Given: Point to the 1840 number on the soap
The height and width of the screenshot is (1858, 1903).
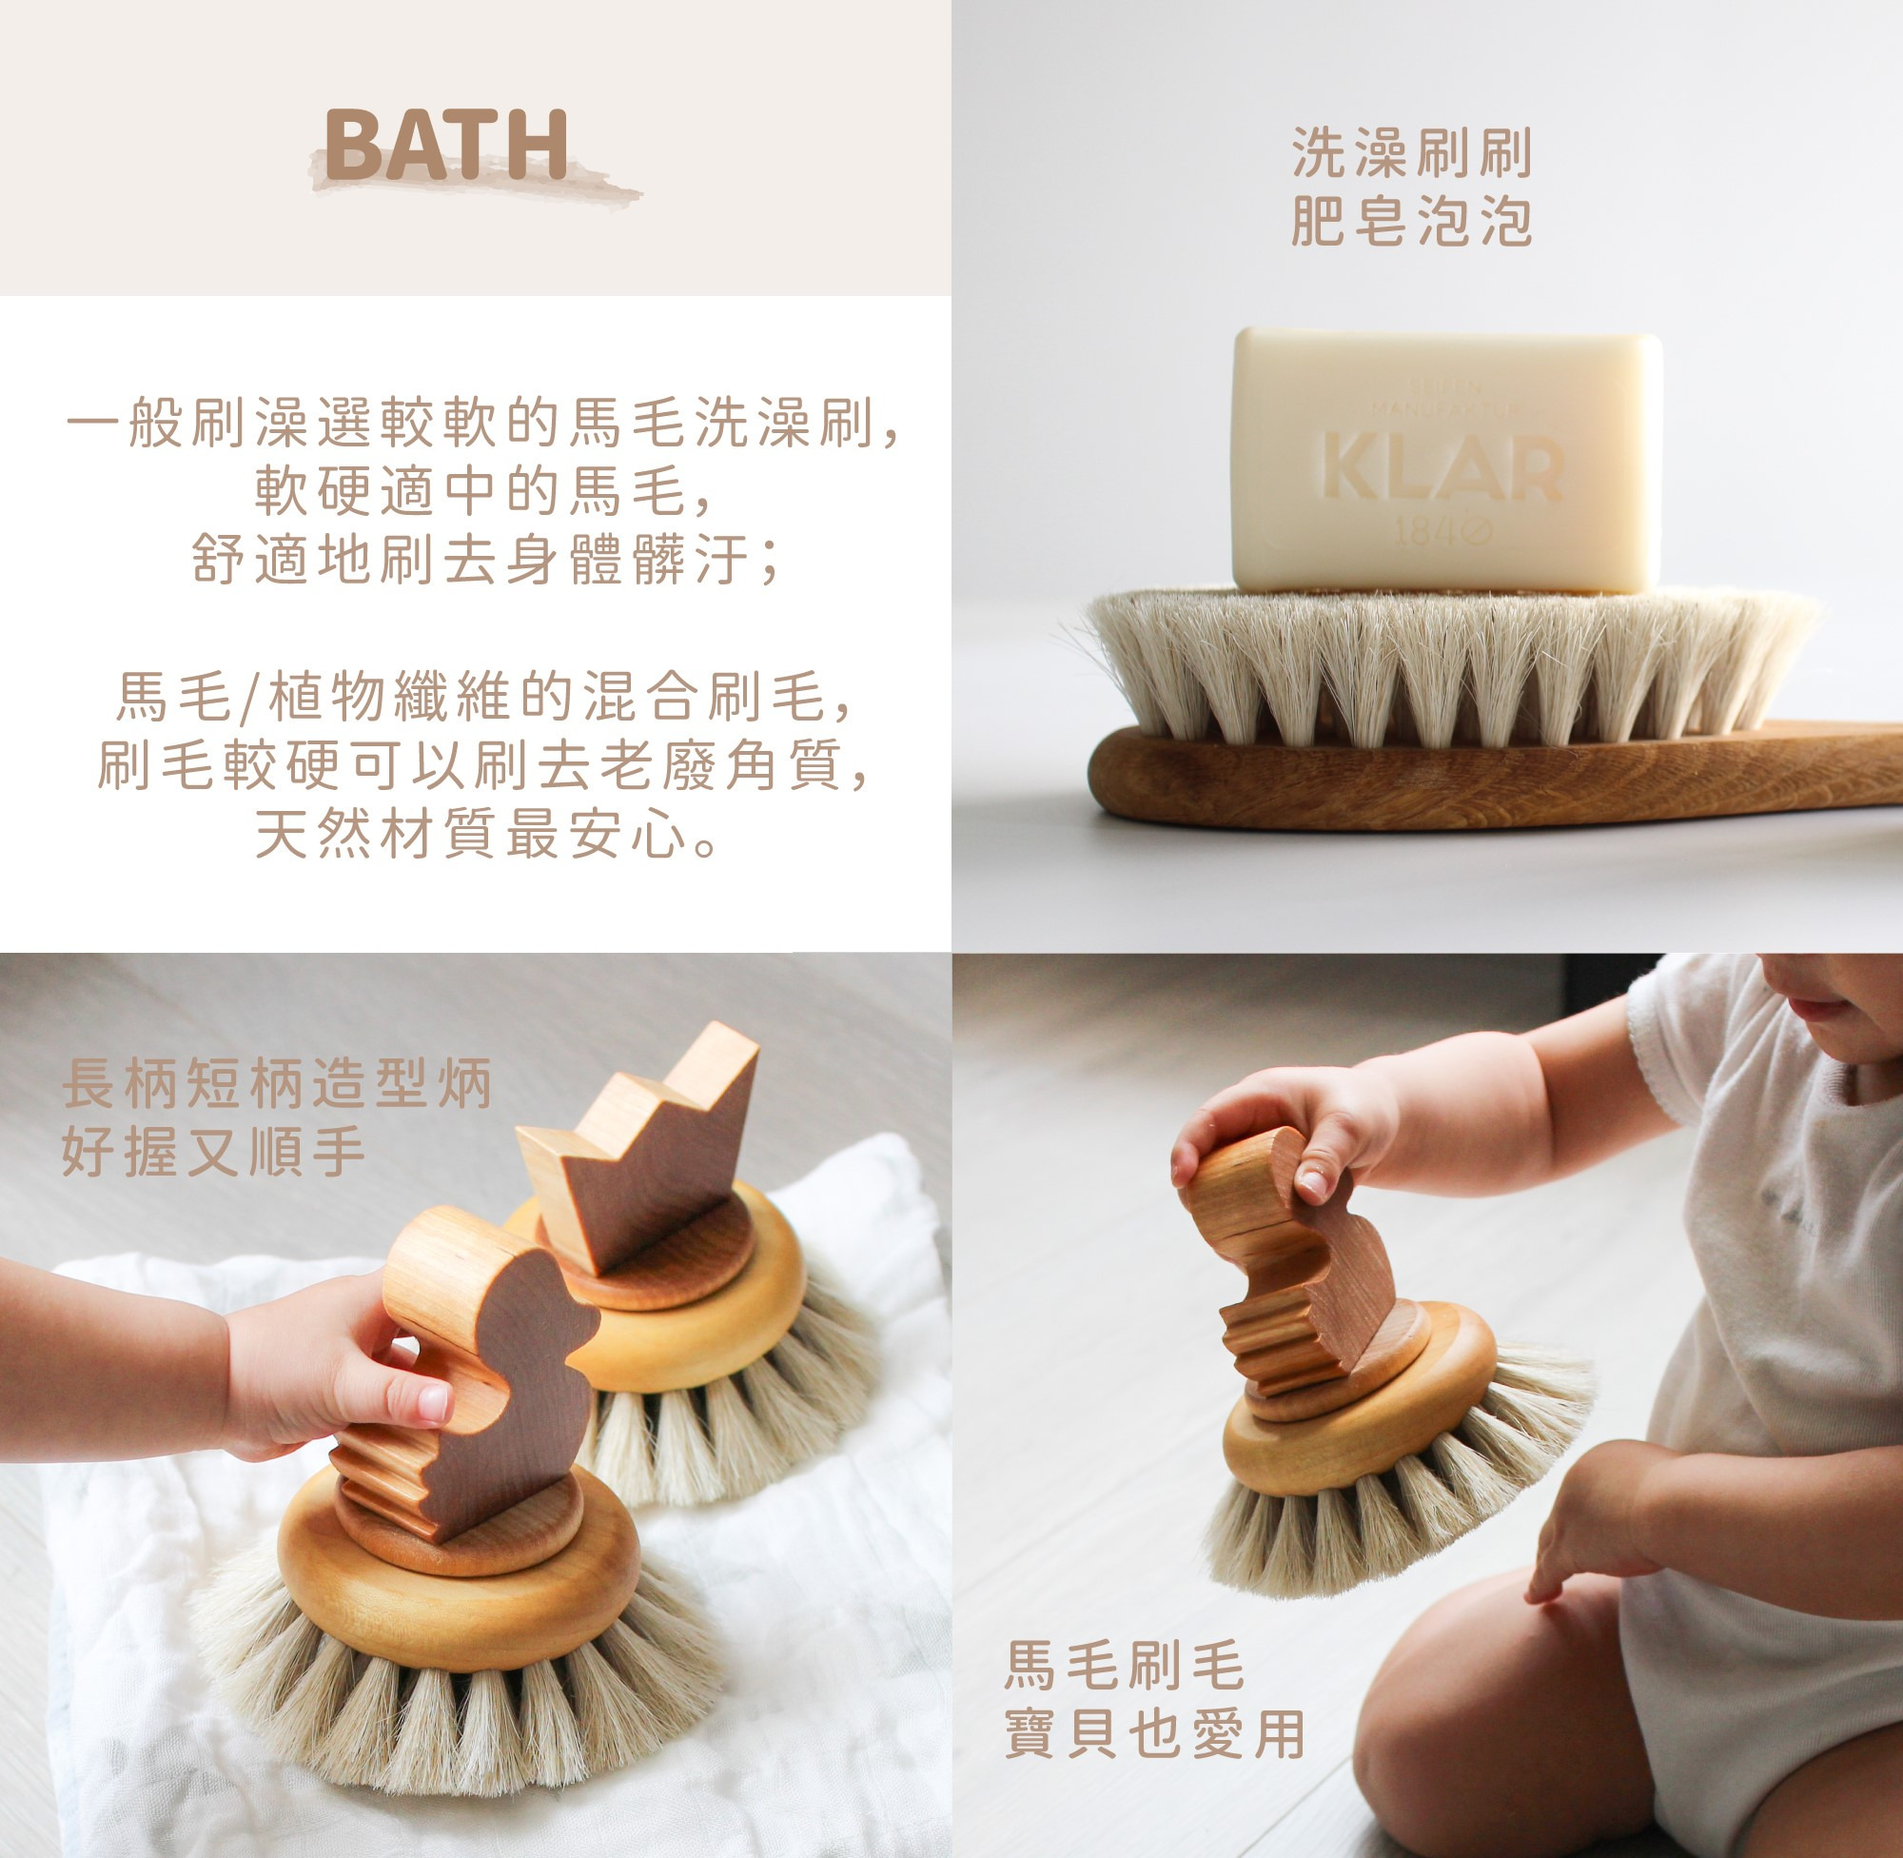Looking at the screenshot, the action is (1443, 531).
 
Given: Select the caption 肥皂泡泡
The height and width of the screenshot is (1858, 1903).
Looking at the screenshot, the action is (1411, 221).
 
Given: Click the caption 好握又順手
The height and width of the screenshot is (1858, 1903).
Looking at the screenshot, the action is (212, 1152).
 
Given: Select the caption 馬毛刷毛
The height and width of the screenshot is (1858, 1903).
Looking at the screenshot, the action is (1125, 1665).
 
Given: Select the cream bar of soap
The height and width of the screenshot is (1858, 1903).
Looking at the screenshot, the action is (1446, 461).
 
